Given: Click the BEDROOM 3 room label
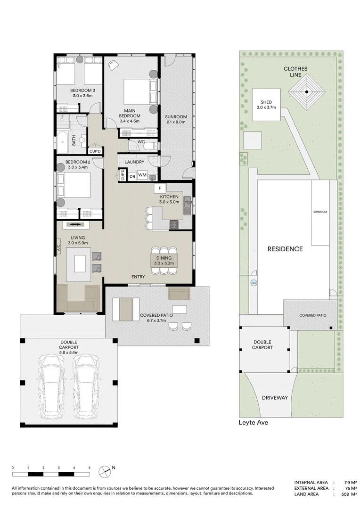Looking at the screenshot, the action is click(x=83, y=90).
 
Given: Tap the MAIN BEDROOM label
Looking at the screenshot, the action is click(x=130, y=113).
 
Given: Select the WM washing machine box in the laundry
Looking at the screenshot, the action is click(x=142, y=175).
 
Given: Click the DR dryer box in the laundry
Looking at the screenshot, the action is click(x=132, y=177).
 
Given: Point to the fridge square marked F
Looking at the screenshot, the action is click(x=160, y=188).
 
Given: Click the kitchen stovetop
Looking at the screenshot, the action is click(x=174, y=224).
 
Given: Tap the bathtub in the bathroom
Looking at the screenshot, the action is click(x=63, y=142).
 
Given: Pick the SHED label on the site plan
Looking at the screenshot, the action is click(x=266, y=102).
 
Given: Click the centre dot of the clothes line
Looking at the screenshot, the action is click(x=307, y=92).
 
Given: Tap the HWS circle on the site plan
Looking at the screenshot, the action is click(x=254, y=283).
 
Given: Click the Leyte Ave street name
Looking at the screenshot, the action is click(x=254, y=422).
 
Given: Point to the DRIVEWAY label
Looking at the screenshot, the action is click(x=275, y=398).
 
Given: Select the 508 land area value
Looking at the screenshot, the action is click(x=345, y=494).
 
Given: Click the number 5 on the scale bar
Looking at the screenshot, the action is click(x=90, y=468).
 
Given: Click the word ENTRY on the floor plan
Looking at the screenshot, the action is click(x=138, y=277).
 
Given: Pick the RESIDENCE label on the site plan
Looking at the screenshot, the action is click(x=285, y=249).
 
